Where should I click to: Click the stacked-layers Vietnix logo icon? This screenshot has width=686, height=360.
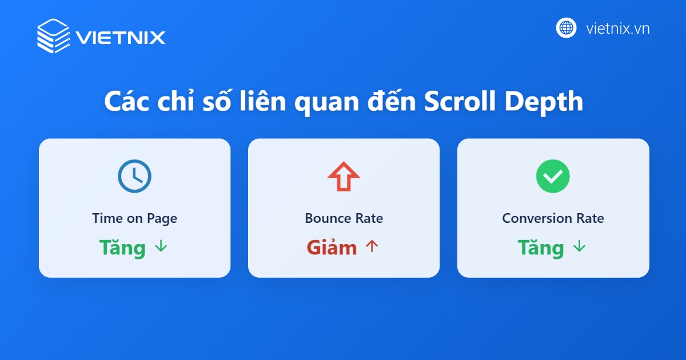53,37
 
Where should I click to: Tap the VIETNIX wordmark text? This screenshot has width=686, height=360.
120,38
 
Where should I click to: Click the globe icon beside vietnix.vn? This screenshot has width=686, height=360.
566,27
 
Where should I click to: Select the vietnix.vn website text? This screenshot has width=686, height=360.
617,28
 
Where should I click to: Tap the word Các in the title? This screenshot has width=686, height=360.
124,102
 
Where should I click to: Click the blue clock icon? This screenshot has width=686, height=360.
134,175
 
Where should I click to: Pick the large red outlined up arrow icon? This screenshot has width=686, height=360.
344,177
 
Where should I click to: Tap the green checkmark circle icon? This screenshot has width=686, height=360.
553,176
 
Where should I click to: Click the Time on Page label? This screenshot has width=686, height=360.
134,218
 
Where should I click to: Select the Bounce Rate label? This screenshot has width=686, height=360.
344,218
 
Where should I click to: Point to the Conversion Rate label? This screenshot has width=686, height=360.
553,218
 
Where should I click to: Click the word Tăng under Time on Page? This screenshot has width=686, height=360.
122,247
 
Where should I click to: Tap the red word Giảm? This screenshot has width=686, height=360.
332,247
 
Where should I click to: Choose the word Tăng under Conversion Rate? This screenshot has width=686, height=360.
541,247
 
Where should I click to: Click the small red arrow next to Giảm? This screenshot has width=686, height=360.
372,247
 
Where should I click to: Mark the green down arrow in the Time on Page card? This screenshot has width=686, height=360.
161,247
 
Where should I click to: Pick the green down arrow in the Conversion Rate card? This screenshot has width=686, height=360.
580,247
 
